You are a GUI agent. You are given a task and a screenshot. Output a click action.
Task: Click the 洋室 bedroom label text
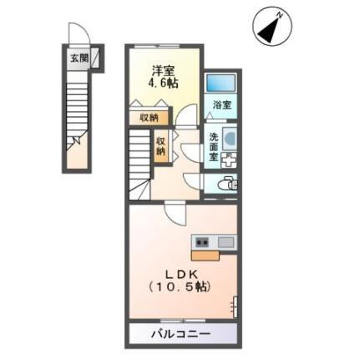click(162, 70)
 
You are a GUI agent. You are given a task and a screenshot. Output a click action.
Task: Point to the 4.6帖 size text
click(162, 84)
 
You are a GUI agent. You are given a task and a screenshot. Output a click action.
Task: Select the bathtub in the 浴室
click(221, 84)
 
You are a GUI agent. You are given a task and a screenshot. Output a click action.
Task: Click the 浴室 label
click(221, 106)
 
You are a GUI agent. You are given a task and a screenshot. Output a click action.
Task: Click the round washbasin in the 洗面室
click(231, 139)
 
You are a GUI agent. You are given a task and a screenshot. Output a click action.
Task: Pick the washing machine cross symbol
click(230, 159)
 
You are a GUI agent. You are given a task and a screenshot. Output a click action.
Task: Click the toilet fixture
click(226, 184)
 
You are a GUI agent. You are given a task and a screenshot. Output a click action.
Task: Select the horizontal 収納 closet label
click(149, 119)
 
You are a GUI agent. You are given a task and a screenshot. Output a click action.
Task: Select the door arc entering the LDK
click(175, 212)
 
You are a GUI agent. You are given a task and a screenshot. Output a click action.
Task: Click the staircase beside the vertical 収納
click(139, 167)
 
